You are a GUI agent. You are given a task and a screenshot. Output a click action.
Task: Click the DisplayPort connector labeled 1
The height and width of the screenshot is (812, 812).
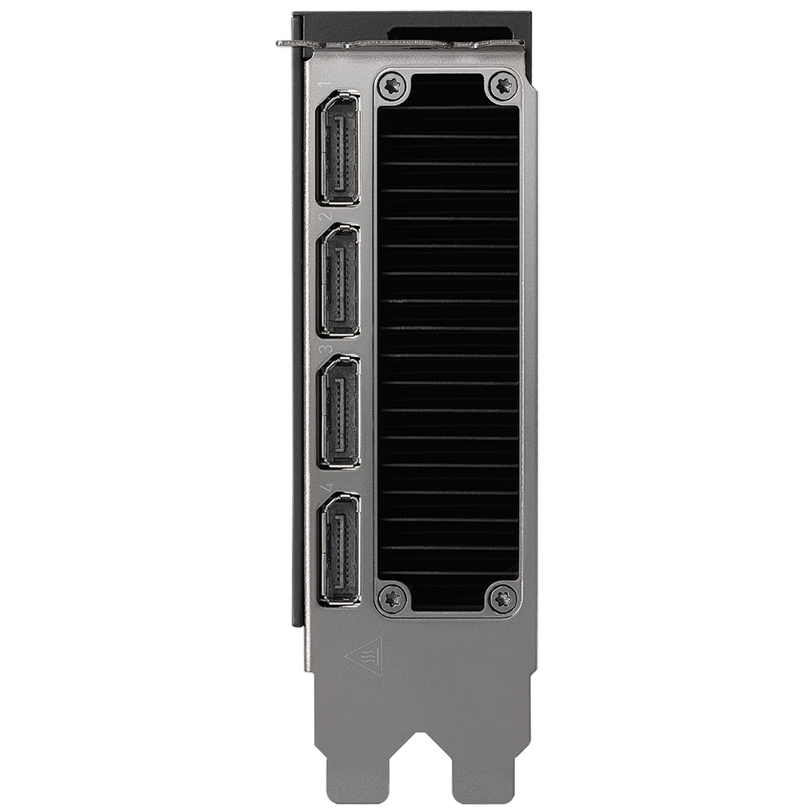click(x=340, y=147)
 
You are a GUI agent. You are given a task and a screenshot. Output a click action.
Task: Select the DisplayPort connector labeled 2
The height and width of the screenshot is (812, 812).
click(x=340, y=282)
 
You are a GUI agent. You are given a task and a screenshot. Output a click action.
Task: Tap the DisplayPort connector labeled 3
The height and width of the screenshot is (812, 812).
click(x=340, y=415)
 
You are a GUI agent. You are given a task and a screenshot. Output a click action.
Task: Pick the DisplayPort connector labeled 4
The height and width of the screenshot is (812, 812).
click(x=340, y=549)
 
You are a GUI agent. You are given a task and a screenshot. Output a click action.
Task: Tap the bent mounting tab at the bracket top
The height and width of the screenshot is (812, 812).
click(x=288, y=43)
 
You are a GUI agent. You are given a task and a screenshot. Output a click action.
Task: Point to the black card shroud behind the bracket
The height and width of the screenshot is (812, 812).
click(x=296, y=325)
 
